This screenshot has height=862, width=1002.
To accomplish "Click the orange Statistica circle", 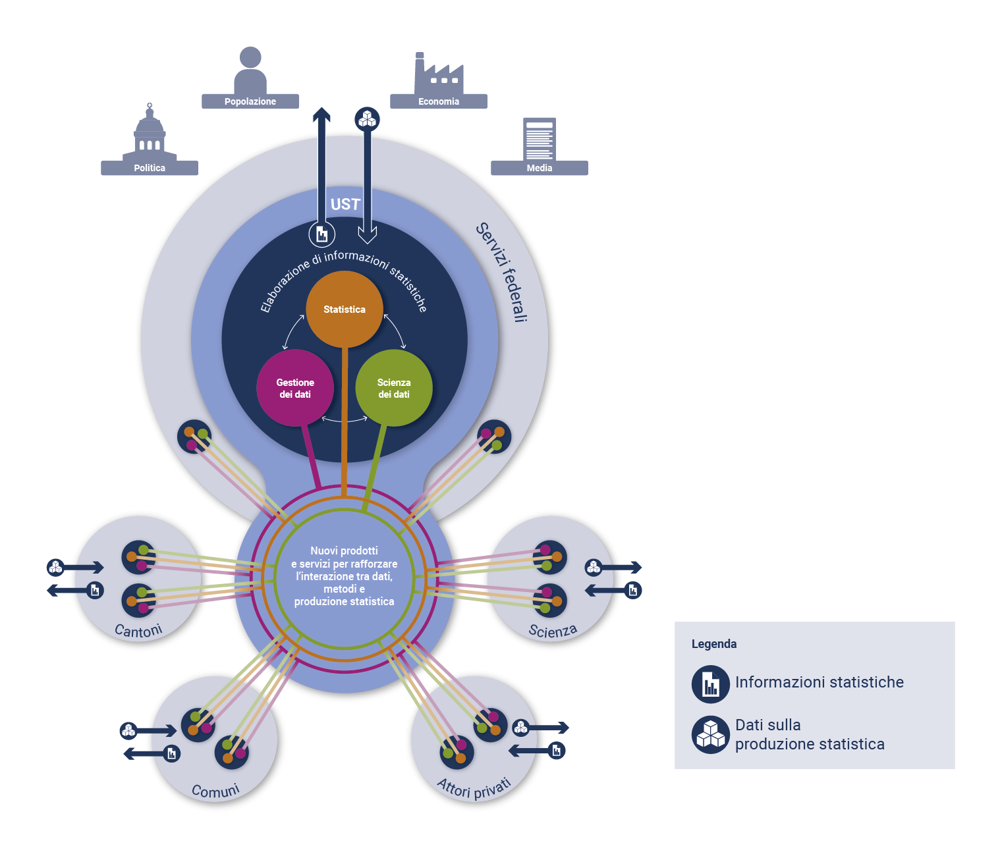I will (344, 309).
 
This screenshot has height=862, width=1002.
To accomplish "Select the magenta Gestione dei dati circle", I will (295, 388).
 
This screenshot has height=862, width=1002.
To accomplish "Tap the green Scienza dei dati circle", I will (394, 388).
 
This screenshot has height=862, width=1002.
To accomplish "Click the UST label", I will (345, 204).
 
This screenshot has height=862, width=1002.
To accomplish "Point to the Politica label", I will (150, 168).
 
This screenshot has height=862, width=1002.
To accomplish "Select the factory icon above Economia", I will (438, 74).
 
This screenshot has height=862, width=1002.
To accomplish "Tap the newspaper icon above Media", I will (539, 138).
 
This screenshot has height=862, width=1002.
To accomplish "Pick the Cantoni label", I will (138, 631).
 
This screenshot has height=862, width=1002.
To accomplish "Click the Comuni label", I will (215, 790).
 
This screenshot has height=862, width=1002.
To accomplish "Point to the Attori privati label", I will (474, 788).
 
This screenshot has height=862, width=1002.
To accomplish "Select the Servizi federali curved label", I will (503, 272).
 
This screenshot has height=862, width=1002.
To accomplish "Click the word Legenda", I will (714, 644).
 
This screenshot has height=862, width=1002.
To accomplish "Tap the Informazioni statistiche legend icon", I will (710, 684).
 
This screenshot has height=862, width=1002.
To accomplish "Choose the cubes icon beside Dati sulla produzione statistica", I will (710, 734).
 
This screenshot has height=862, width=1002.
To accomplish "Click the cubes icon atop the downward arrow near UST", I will (367, 119).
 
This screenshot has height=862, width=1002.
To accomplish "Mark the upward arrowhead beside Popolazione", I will (321, 114).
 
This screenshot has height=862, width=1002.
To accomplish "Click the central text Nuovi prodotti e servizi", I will (344, 576).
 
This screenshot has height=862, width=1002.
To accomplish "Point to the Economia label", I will (439, 101).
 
